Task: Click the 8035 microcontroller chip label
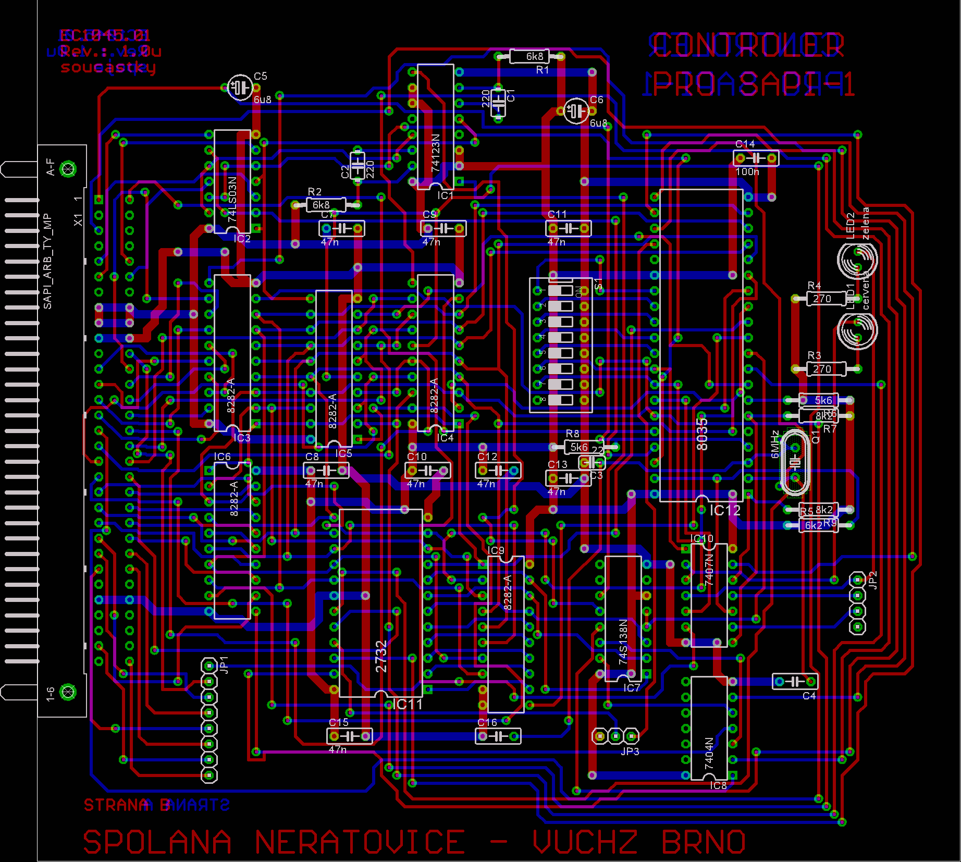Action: click(702, 434)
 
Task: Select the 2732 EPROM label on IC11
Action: click(381, 656)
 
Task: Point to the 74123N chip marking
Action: click(436, 153)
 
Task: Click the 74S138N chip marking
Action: click(623, 642)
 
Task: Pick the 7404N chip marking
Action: click(709, 753)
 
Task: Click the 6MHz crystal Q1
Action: click(795, 462)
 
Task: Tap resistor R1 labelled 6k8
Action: click(535, 56)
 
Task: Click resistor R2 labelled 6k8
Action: click(326, 205)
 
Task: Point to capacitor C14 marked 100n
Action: click(756, 157)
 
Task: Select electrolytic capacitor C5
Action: click(240, 87)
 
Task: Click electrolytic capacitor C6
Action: click(576, 110)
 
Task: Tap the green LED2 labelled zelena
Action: click(857, 259)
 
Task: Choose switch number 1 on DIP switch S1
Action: click(561, 290)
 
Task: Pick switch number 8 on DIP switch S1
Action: click(561, 400)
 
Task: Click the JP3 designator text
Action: click(630, 752)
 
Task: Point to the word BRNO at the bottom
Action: click(704, 842)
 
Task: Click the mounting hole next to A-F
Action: click(68, 169)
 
